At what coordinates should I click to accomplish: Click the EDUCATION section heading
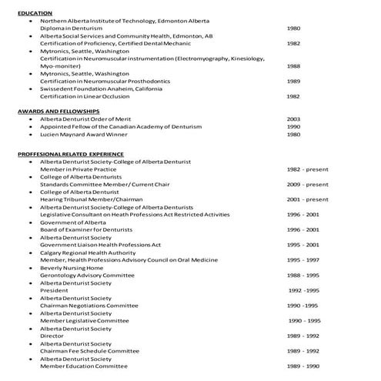tap(35, 13)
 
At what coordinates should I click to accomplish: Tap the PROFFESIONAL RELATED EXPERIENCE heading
tap(71, 154)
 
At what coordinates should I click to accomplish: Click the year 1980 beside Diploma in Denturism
tap(293, 28)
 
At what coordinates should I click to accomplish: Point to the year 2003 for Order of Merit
tap(293, 119)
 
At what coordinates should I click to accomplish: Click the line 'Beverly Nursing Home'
tap(75, 267)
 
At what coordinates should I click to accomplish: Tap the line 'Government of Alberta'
tap(75, 222)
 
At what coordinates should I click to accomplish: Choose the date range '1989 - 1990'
tap(302, 366)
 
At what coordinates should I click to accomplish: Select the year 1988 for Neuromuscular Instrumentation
tap(293, 66)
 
